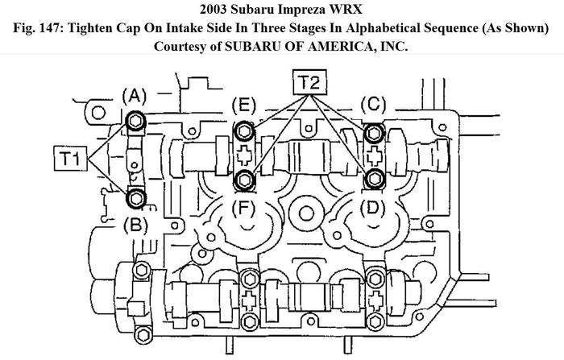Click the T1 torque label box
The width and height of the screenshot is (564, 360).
click(x=71, y=158)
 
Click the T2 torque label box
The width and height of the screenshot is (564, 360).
click(x=309, y=82)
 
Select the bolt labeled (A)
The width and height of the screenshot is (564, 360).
click(x=136, y=121)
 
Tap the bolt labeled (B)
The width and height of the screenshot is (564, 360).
click(x=136, y=198)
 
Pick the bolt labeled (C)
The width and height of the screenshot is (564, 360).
click(x=374, y=133)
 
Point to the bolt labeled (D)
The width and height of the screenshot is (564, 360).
click(x=374, y=178)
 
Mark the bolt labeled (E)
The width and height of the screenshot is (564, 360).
click(x=244, y=131)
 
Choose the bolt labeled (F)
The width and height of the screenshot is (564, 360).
click(x=245, y=179)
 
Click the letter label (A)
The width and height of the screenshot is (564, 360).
click(x=135, y=97)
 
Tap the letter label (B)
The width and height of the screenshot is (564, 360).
click(x=135, y=226)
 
